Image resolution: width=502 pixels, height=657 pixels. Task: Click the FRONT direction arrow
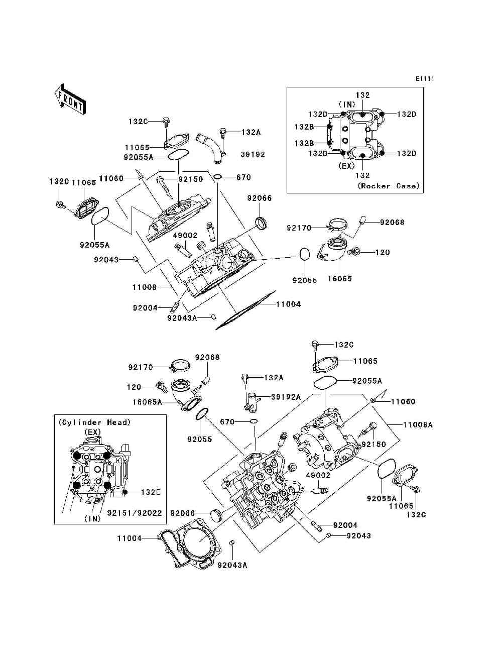coord(70,99)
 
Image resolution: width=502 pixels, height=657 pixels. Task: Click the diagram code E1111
coord(425,79)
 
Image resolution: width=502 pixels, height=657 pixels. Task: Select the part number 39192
coord(253,154)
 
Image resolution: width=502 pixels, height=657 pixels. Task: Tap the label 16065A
coord(147,402)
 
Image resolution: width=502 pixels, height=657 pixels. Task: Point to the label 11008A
coord(418,425)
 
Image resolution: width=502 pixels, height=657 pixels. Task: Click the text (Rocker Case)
coord(389,186)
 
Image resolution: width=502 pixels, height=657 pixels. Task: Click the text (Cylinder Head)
coord(94,422)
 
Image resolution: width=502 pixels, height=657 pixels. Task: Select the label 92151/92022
coord(135,513)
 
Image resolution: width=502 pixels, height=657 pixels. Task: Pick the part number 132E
coord(151,492)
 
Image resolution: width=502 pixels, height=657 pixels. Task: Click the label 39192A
coord(286,397)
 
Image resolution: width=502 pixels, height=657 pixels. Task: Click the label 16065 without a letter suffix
coord(339,278)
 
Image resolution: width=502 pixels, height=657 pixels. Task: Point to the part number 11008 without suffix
coord(145,287)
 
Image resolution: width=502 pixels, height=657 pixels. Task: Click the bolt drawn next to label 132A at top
coord(222,134)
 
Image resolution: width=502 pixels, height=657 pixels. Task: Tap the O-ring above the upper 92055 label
coord(305,255)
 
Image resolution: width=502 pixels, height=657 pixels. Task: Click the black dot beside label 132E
coord(125,492)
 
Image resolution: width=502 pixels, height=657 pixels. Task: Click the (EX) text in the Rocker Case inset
coord(346,166)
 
